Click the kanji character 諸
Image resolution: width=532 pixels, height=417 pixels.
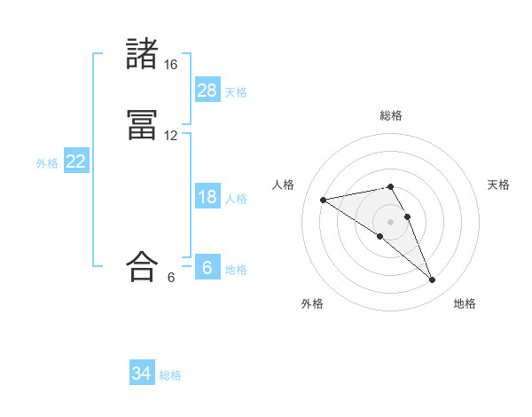[x=142, y=55]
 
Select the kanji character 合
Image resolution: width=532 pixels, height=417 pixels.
[x=142, y=266]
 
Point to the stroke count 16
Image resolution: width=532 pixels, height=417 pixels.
[x=171, y=66]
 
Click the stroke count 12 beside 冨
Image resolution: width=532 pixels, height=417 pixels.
[x=171, y=136]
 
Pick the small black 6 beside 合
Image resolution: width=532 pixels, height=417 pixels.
[x=171, y=277]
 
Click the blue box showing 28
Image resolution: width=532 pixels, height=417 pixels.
[x=207, y=90]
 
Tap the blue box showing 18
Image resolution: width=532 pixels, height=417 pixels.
[x=207, y=197]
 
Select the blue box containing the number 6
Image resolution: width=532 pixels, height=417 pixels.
[x=207, y=268]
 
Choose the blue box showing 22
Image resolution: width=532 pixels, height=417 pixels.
[x=76, y=161]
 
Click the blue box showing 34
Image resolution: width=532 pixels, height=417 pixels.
[x=142, y=374]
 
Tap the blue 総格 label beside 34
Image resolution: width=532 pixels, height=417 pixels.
[x=170, y=375]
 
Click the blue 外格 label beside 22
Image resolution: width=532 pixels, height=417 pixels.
[x=47, y=163]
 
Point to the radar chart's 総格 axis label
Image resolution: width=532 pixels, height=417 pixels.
[x=391, y=115]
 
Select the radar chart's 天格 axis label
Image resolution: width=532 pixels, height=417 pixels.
[x=498, y=185]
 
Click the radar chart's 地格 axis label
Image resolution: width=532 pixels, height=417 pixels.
[x=465, y=303]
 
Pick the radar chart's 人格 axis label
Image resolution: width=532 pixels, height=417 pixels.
[x=284, y=185]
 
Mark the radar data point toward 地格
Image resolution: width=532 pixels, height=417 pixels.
[x=433, y=280]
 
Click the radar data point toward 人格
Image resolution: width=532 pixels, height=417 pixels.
[x=323, y=200]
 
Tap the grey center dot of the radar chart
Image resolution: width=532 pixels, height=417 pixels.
[x=390, y=221]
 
